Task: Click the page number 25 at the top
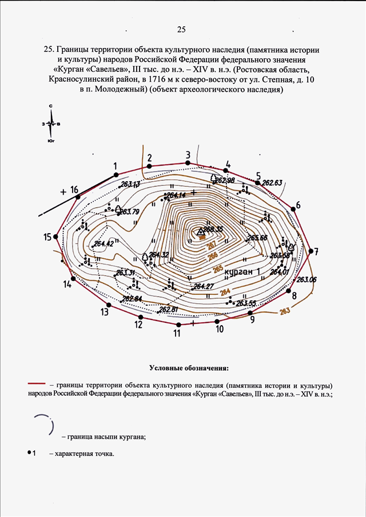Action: (x=182, y=30)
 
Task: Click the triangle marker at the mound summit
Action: (x=200, y=232)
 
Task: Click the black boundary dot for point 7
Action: (x=310, y=250)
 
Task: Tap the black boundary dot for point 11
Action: (x=178, y=325)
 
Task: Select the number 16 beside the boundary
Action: (x=74, y=190)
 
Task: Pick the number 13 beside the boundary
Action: (x=105, y=312)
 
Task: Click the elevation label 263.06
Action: (x=307, y=279)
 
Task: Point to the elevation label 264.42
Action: (x=103, y=244)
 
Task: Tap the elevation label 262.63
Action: (x=272, y=183)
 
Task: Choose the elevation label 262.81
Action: (x=169, y=310)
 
